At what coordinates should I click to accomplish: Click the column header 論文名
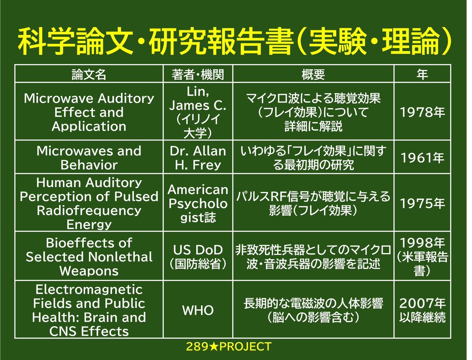pyautogui.click(x=88, y=74)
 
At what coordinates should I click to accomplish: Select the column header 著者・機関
pyautogui.click(x=197, y=74)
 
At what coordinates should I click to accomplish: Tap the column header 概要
pyautogui.click(x=313, y=74)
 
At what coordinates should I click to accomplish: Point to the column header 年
pyautogui.click(x=422, y=74)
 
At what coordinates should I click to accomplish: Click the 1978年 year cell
pyautogui.click(x=422, y=112)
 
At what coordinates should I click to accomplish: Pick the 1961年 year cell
pyautogui.click(x=422, y=158)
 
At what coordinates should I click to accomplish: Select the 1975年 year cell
pyautogui.click(x=422, y=203)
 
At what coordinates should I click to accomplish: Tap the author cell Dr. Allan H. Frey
pyautogui.click(x=197, y=158)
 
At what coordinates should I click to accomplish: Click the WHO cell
pyautogui.click(x=197, y=310)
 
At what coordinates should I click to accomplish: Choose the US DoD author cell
pyautogui.click(x=197, y=257)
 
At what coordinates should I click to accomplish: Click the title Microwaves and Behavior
pyautogui.click(x=89, y=158)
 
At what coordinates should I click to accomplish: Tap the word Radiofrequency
pyautogui.click(x=89, y=210)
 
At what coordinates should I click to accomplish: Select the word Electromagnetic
pyautogui.click(x=89, y=290)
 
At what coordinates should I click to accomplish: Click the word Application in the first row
pyautogui.click(x=89, y=126)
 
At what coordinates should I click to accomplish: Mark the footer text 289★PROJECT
pyautogui.click(x=229, y=347)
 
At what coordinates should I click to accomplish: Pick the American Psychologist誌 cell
pyautogui.click(x=197, y=203)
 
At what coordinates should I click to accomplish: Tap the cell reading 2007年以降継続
pyautogui.click(x=422, y=310)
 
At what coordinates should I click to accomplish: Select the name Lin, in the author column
pyautogui.click(x=197, y=92)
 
